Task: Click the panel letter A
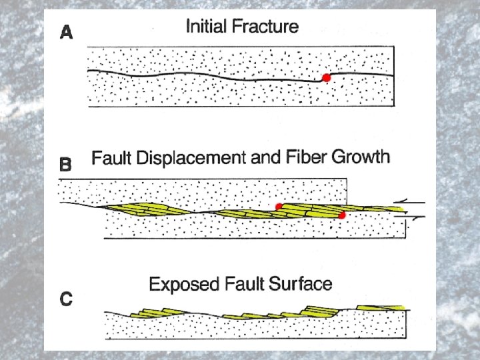[x=66, y=32]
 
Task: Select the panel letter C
[x=66, y=298]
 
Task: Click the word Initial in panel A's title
[x=208, y=27]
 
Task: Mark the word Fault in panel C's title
[x=241, y=285]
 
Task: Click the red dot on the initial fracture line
[x=326, y=78]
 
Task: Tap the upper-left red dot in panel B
[x=279, y=206]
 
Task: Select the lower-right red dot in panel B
[x=342, y=215]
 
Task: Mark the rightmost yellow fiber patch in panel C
[x=381, y=307]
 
